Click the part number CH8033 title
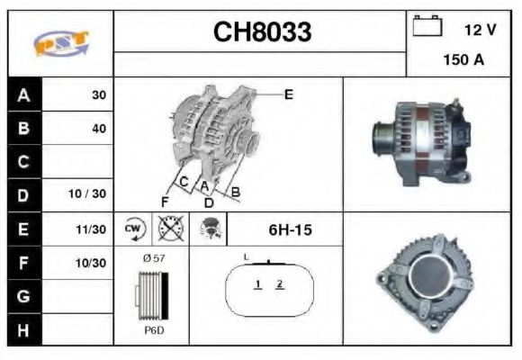(262, 32)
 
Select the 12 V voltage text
(480, 30)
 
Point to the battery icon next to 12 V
(426, 27)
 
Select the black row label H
(23, 329)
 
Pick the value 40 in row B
(98, 129)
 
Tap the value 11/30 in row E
(91, 230)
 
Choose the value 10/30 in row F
(91, 263)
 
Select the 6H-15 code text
(290, 230)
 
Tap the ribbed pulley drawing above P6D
(150, 295)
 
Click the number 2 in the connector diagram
(280, 284)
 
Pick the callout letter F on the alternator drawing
(164, 200)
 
